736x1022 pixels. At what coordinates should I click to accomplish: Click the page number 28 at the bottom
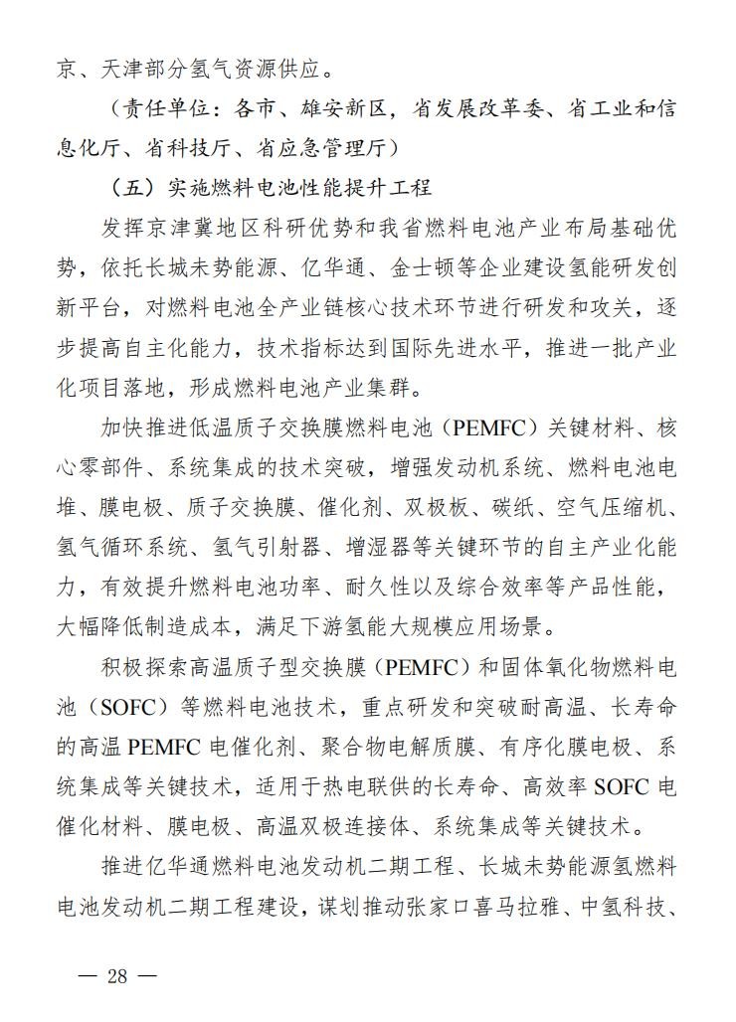[x=117, y=974]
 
